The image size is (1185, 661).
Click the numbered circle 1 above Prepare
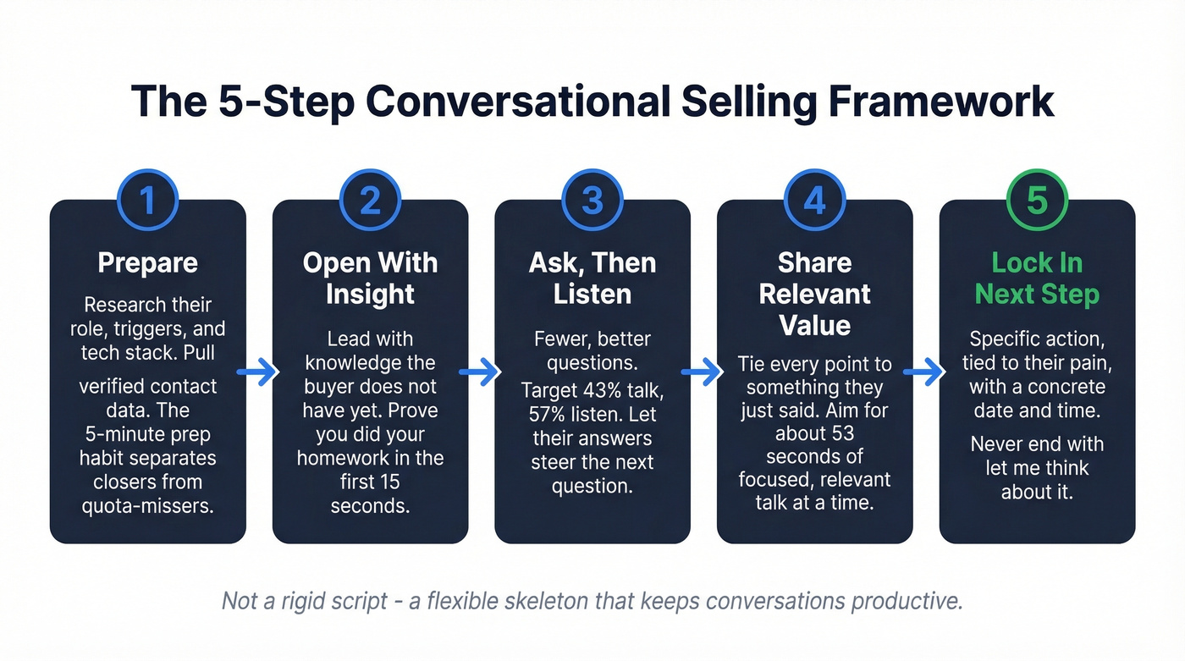pyautogui.click(x=147, y=201)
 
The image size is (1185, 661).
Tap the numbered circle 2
pyautogui.click(x=370, y=201)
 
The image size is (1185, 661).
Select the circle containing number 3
pyautogui.click(x=592, y=201)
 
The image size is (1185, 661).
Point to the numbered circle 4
pyautogui.click(x=814, y=201)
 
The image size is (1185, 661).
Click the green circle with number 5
pyautogui.click(x=1037, y=201)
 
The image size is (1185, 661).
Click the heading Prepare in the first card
pyautogui.click(x=147, y=262)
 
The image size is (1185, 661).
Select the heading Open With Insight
pyautogui.click(x=370, y=278)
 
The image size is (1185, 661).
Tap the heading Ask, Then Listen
pyautogui.click(x=592, y=278)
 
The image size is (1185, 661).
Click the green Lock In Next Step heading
pyautogui.click(x=1037, y=278)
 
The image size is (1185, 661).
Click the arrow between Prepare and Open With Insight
pyautogui.click(x=259, y=372)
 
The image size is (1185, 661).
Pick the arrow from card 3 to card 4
pyautogui.click(x=703, y=372)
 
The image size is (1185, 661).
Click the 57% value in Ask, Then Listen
pyautogui.click(x=550, y=416)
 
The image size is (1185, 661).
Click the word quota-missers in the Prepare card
pyautogui.click(x=148, y=505)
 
